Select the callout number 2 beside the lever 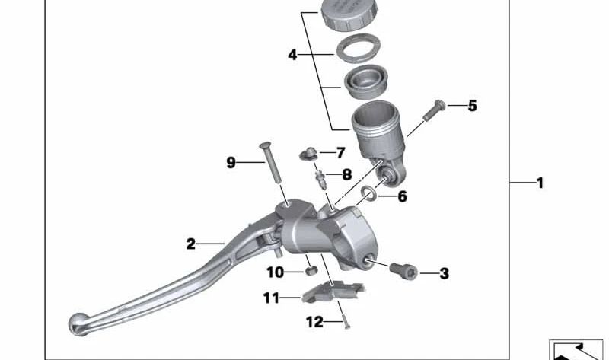point(190,244)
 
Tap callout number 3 point(444,273)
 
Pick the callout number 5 point(472,106)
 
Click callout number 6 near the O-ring point(402,196)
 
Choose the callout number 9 point(231,162)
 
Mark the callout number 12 point(314,323)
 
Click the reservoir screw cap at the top point(351,14)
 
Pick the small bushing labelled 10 point(310,271)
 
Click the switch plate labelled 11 point(333,293)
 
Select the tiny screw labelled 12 point(345,321)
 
